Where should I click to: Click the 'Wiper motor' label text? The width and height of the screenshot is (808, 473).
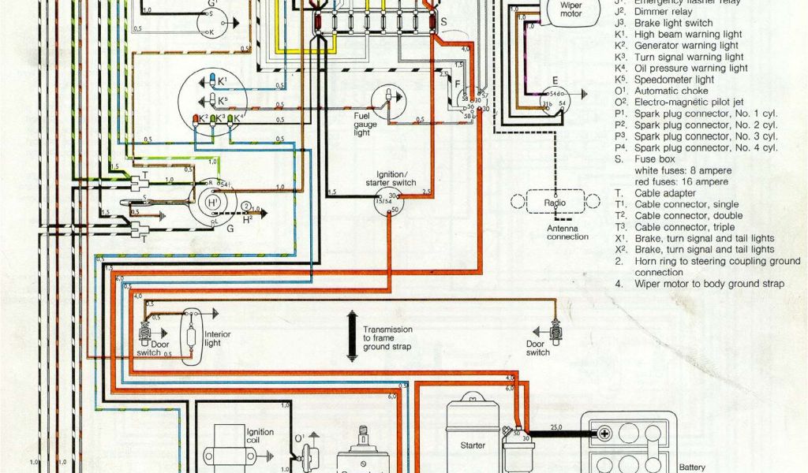pyautogui.click(x=570, y=9)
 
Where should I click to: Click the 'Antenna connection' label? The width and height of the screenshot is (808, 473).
pyautogui.click(x=567, y=232)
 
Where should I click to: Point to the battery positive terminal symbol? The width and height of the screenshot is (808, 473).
pyautogui.click(x=604, y=433)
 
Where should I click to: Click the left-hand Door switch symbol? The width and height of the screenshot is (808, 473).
pyautogui.click(x=146, y=334)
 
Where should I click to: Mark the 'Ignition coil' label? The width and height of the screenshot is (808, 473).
pyautogui.click(x=260, y=437)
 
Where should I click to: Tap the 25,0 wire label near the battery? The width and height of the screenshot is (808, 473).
pyautogui.click(x=557, y=426)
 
